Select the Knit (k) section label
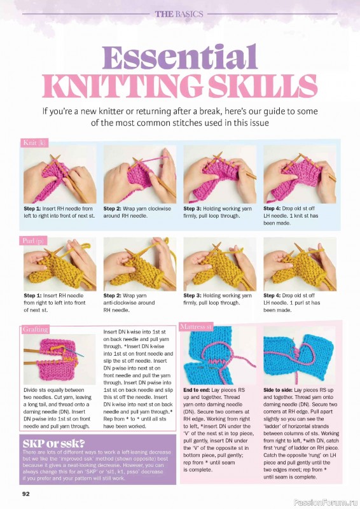pyautogui.click(x=34, y=143)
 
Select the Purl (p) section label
pyautogui.click(x=34, y=241)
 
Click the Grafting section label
pyautogui.click(x=36, y=330)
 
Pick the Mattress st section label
pyautogui.click(x=196, y=327)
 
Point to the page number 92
pyautogui.click(x=27, y=493)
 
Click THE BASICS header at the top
pyautogui.click(x=179, y=13)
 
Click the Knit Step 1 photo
pyautogui.click(x=60, y=174)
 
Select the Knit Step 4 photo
pyautogui.click(x=300, y=174)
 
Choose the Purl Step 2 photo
pyautogui.click(x=139, y=264)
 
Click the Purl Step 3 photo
pyautogui.click(x=219, y=264)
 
